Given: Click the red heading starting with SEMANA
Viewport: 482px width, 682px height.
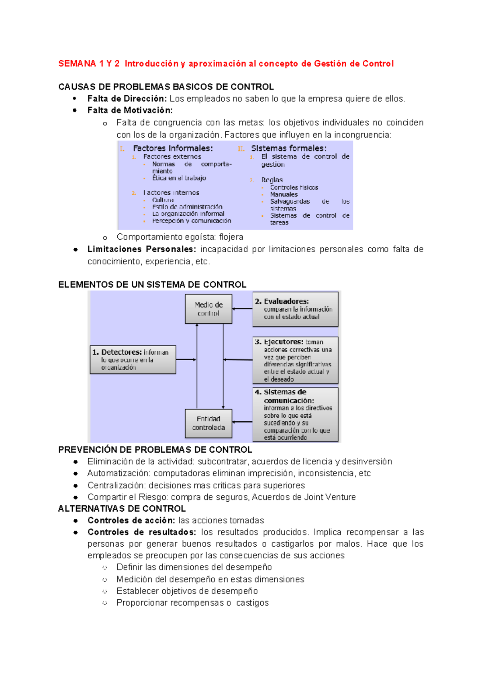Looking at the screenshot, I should tap(226, 64).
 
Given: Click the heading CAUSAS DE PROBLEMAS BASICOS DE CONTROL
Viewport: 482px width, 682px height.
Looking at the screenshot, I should tap(166, 87).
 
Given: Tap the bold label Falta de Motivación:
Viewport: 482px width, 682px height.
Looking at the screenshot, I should tap(130, 110).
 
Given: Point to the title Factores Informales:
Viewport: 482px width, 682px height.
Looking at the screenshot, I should tap(173, 148).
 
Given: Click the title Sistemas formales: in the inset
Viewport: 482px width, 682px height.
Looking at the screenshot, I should tap(288, 148).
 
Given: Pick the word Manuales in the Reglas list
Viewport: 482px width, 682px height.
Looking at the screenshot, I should tap(284, 194).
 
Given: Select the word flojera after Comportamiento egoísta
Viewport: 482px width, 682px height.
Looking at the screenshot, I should tap(231, 237).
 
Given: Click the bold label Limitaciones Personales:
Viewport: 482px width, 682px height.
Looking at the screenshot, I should tap(142, 249).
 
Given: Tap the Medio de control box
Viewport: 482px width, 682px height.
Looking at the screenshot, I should tap(208, 309).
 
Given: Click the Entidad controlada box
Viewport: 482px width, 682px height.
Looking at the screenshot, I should tap(208, 423).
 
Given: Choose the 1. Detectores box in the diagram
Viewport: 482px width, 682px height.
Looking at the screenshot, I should tap(133, 360).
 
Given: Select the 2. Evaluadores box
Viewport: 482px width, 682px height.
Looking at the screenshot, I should tap(295, 309).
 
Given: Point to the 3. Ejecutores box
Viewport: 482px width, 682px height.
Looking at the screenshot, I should tap(295, 360).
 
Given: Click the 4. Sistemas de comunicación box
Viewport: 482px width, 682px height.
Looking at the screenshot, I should tap(295, 415).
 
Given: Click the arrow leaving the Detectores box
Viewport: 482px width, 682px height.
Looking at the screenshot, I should tap(186, 359).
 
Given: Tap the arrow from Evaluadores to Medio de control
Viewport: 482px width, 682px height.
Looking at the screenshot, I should tap(242, 309).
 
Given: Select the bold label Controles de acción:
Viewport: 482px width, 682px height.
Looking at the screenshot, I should tap(131, 521).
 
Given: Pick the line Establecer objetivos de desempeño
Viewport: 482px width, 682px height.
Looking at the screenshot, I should tap(187, 591).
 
